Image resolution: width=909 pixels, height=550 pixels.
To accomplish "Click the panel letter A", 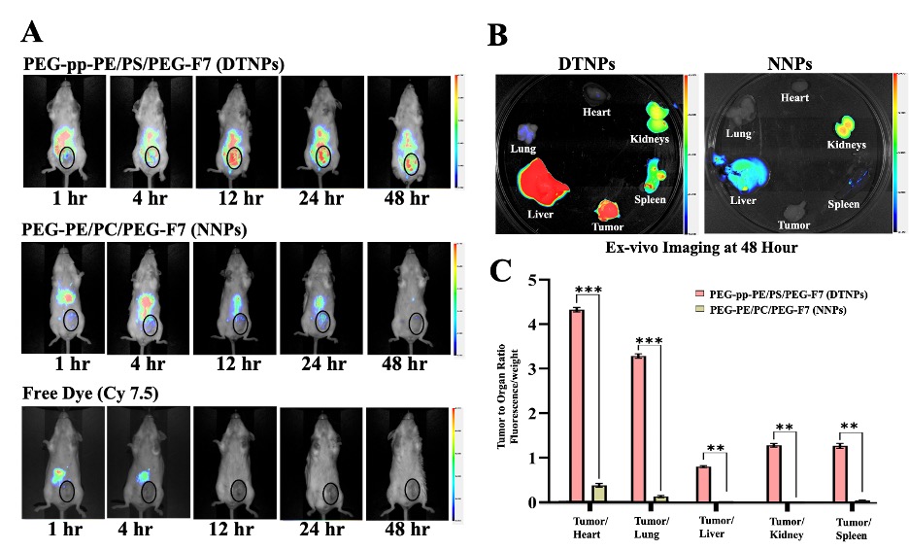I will (x=32, y=33).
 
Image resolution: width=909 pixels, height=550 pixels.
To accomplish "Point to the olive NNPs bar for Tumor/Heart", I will (x=600, y=493).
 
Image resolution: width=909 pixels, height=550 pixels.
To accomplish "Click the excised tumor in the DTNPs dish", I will (x=606, y=209).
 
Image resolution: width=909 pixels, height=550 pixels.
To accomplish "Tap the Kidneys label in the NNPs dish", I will (x=846, y=145).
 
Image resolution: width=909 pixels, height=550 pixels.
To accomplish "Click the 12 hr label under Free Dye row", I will (x=233, y=530).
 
